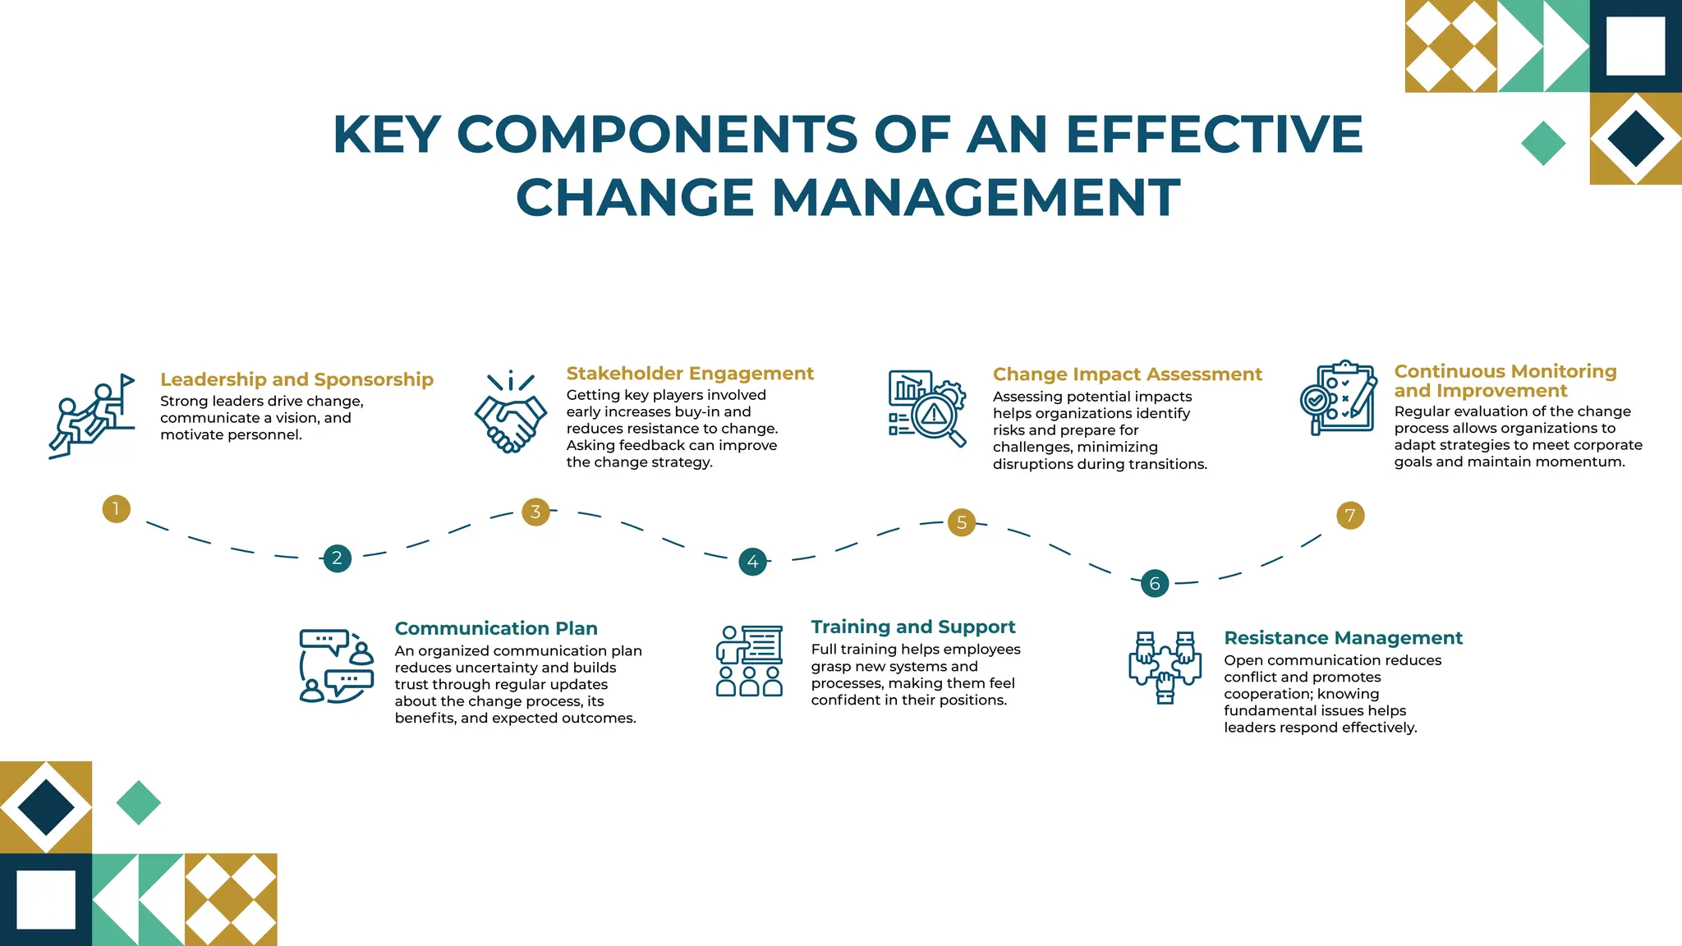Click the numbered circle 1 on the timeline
coord(117,508)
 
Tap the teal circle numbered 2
coord(337,558)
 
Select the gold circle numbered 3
coord(535,512)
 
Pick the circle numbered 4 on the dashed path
coord(752,562)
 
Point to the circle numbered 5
coord(962,522)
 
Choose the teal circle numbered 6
coord(1155,583)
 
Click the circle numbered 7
coord(1350,516)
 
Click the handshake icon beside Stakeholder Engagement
coord(510,413)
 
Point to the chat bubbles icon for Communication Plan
coord(336,666)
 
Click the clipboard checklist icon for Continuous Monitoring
coord(1340,397)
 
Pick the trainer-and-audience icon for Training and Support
coord(749,661)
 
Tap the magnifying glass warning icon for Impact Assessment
coord(927,408)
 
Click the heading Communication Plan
coord(496,628)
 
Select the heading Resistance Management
coord(1343,638)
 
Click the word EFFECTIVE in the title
coord(1214,134)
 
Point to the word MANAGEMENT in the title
coord(976,198)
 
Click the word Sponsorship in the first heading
coord(374,379)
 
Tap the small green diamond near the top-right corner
coord(1543,144)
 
